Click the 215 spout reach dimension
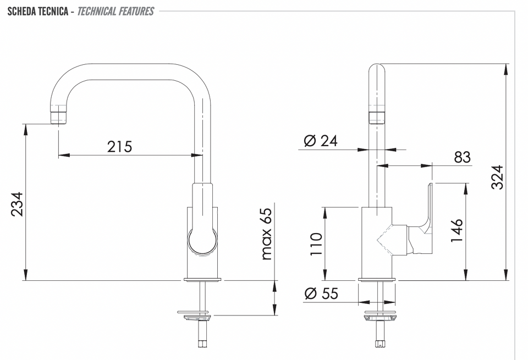(119, 147)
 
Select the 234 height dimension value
(17, 204)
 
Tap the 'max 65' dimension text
(266, 234)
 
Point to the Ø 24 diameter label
(320, 141)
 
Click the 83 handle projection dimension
(462, 157)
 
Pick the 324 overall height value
(497, 178)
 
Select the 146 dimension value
(457, 230)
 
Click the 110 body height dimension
(316, 244)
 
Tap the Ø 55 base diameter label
(321, 293)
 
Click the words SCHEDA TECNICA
(38, 12)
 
